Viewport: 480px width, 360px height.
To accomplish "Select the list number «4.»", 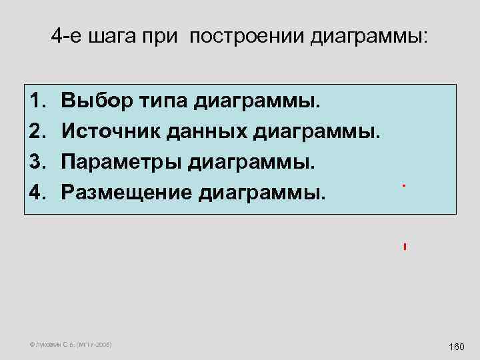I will pos(37,193).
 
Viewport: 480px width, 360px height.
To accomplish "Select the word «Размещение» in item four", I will pos(127,193).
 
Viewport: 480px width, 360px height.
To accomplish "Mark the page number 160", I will pos(457,347).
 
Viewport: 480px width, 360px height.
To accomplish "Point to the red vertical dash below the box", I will pos(405,247).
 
